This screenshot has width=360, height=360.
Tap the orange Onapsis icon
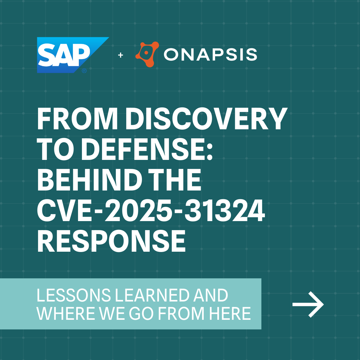point(147,54)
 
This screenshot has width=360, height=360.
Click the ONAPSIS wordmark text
point(210,55)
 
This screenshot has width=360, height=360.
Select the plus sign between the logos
point(121,55)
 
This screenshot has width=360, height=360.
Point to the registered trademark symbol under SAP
point(84,71)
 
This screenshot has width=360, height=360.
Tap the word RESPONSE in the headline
point(111,241)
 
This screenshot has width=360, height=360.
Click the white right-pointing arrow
point(308,304)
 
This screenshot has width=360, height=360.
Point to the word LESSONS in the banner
point(73,295)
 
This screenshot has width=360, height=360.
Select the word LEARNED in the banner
point(152,295)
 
